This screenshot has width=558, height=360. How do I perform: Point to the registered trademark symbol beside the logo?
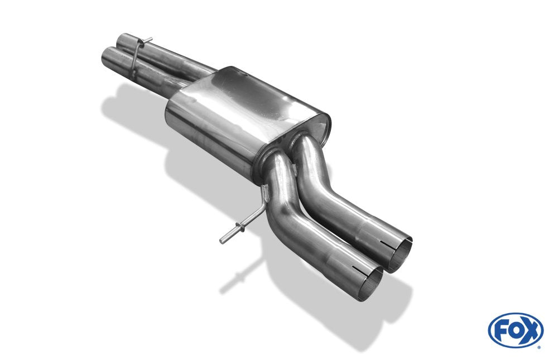[x=540, y=347]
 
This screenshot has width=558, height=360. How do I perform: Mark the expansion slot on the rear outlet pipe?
[x=388, y=244]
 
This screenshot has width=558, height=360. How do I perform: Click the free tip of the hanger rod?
[x=222, y=241]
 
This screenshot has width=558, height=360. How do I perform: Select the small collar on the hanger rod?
[x=240, y=228]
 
